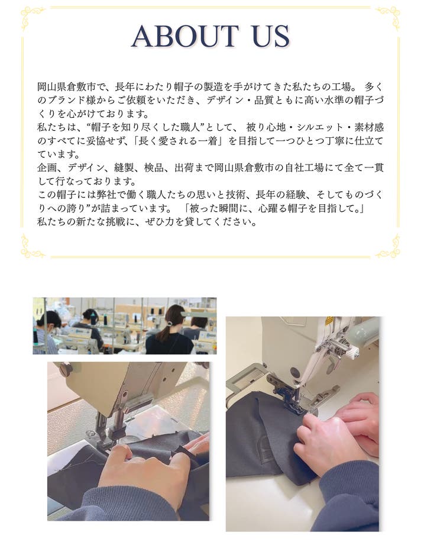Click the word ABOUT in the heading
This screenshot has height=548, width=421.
click(x=185, y=36)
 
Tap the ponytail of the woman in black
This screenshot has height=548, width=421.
click(x=164, y=333)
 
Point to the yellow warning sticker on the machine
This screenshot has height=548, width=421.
click(x=329, y=321)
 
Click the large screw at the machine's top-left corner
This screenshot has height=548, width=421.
click(x=66, y=369)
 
